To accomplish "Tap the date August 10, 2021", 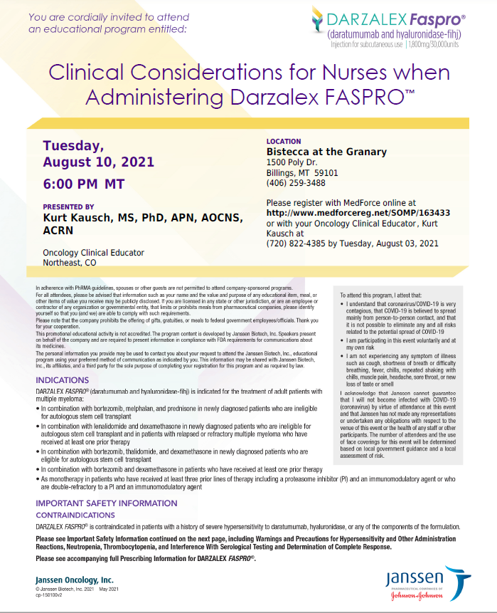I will point(98,162).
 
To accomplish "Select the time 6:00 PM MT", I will point(84,184).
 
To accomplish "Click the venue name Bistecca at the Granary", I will point(326,152).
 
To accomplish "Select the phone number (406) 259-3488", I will point(296,182).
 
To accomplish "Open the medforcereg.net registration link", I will point(358,212).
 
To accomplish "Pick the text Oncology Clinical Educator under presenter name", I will point(93,252).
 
